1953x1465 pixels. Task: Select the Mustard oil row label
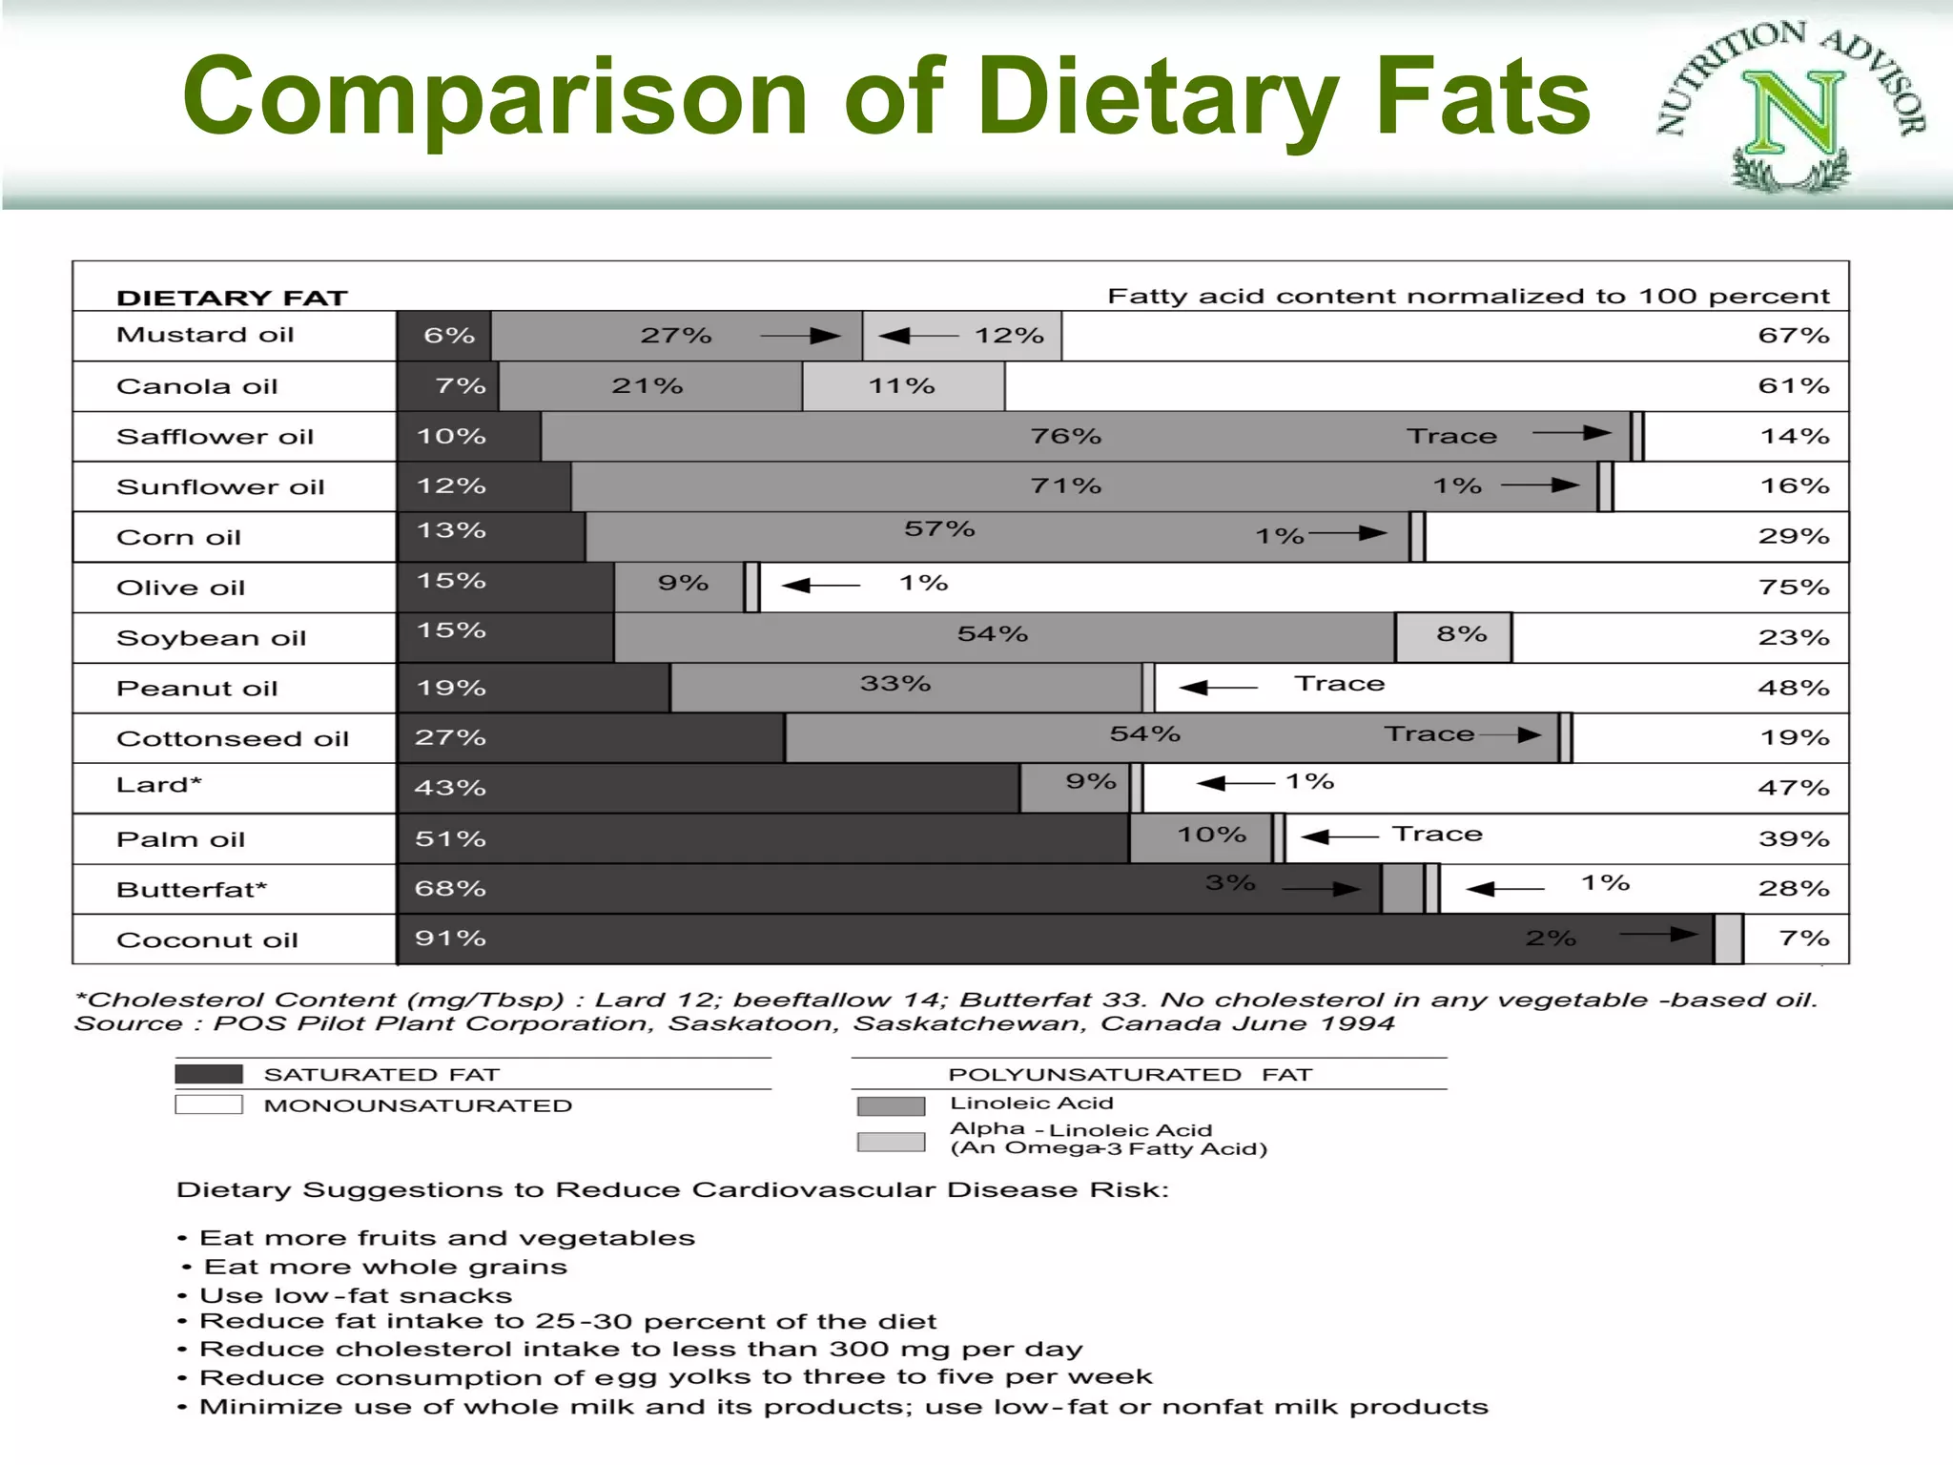pos(205,335)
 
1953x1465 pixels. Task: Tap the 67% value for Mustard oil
pos(1793,336)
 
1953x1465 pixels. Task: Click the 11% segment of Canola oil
pos(902,386)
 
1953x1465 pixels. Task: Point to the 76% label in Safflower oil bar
pos(1065,437)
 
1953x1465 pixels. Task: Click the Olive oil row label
pos(180,588)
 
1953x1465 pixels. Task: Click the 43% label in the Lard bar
pos(450,788)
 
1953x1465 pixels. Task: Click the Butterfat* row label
pos(192,890)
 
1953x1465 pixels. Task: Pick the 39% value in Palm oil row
pos(1793,839)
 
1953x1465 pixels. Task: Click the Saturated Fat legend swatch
pos(209,1074)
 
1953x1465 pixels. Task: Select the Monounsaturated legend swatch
pos(209,1105)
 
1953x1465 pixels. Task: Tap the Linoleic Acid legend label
pos(1031,1104)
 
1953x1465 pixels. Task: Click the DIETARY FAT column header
pos(232,299)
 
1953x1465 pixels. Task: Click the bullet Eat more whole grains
pos(385,1268)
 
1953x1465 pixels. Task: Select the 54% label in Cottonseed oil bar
pos(1144,734)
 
